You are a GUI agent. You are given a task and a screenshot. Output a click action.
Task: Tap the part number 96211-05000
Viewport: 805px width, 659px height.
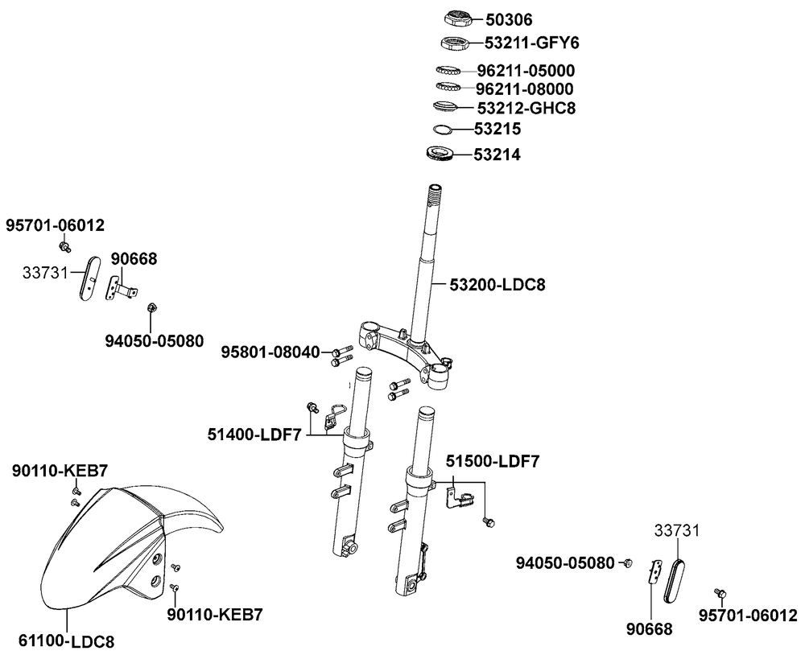tap(536, 70)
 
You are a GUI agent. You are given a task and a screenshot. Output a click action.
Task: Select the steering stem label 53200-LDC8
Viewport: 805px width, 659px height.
tap(497, 285)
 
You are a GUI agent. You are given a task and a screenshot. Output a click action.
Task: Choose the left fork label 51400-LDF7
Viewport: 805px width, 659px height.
tap(254, 435)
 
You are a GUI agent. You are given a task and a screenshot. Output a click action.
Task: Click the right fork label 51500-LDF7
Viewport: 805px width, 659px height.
tap(493, 461)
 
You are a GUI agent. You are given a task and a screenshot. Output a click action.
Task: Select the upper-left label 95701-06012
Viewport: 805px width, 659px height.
tap(56, 225)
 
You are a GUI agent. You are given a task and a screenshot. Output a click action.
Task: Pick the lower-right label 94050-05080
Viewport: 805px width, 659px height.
tap(565, 562)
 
